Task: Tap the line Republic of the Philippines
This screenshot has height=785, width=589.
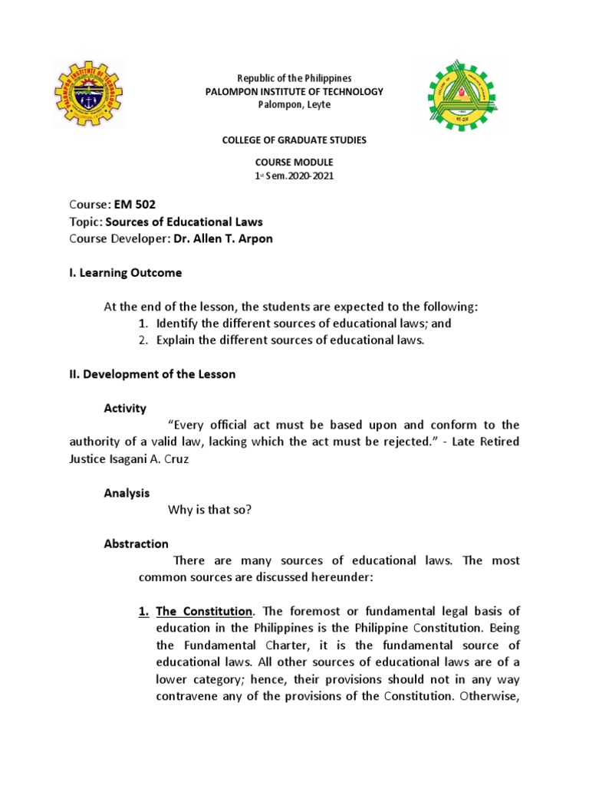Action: [x=294, y=78]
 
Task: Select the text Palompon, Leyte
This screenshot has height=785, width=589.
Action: [x=294, y=105]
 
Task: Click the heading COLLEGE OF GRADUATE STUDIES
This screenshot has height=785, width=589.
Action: [x=294, y=140]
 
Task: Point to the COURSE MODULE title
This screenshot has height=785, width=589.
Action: [x=294, y=163]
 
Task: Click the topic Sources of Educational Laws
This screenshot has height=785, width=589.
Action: [x=184, y=222]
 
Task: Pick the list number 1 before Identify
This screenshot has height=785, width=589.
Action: [x=143, y=324]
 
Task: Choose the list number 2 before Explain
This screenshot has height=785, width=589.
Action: [x=143, y=340]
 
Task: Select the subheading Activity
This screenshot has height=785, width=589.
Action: [x=125, y=409]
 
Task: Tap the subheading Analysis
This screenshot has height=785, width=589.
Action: [x=127, y=493]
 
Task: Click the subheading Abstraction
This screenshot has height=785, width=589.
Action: [x=136, y=544]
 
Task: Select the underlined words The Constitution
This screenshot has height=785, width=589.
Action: [x=204, y=611]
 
